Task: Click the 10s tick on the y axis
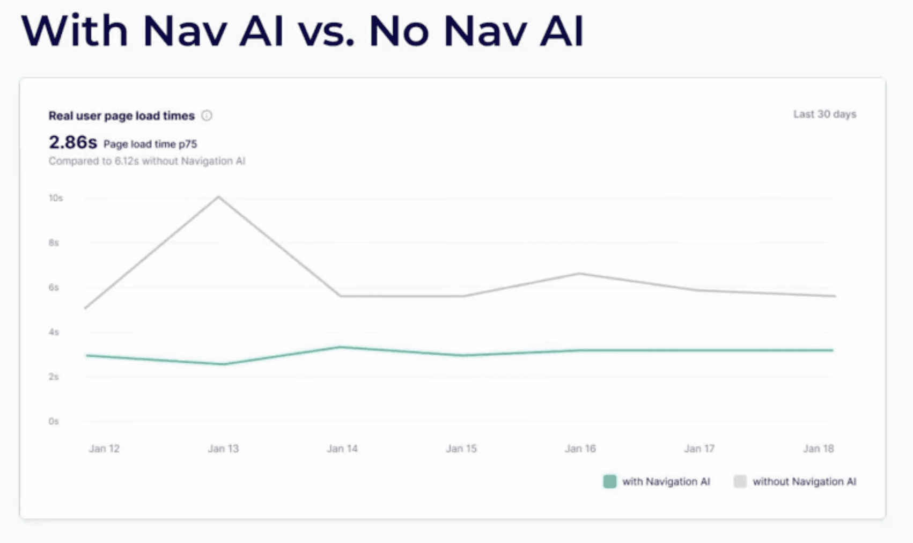click(56, 198)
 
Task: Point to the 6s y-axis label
click(54, 288)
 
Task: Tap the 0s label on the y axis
click(54, 421)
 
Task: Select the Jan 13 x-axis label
click(223, 449)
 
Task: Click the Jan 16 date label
click(580, 449)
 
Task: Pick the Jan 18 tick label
click(818, 449)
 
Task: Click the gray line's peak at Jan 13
click(218, 196)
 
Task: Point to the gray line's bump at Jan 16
click(580, 274)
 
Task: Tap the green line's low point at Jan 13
click(224, 364)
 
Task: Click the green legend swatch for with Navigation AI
click(609, 481)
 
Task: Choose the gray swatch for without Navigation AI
click(740, 481)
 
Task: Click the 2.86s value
click(72, 143)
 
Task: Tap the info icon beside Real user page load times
click(207, 115)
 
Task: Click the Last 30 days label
click(824, 114)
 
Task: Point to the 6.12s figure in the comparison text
click(127, 161)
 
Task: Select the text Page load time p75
click(150, 144)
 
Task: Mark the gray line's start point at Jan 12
click(86, 308)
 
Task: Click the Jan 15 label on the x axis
click(461, 449)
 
